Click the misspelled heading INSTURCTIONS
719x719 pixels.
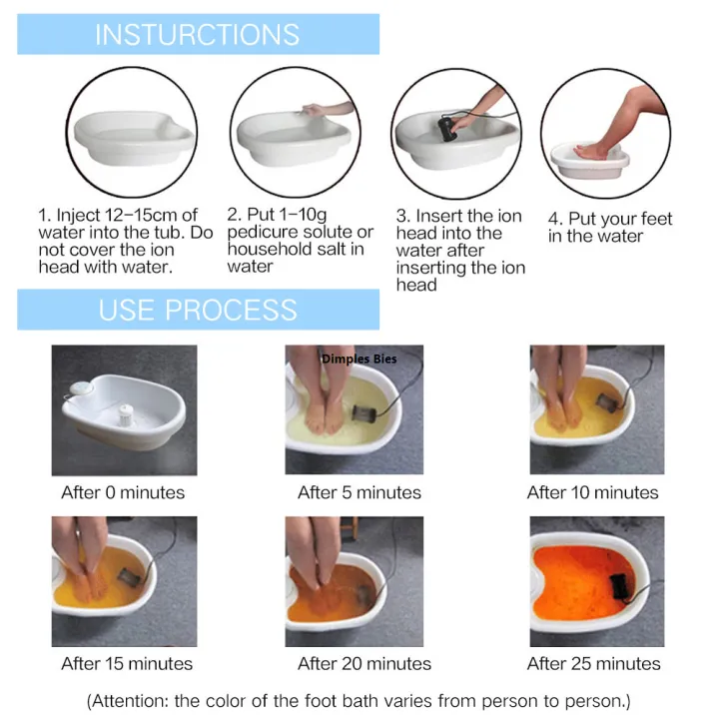click(x=197, y=35)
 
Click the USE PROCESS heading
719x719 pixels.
click(x=197, y=310)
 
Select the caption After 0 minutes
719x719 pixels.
click(x=123, y=492)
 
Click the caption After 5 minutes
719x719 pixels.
click(x=359, y=492)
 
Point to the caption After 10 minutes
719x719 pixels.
click(x=593, y=492)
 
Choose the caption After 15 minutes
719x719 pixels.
click(x=127, y=663)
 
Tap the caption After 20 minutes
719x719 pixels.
click(x=364, y=663)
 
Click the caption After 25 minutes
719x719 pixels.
click(x=594, y=663)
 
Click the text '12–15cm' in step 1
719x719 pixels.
click(x=136, y=215)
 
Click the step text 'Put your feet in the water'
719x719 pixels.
click(x=609, y=228)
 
